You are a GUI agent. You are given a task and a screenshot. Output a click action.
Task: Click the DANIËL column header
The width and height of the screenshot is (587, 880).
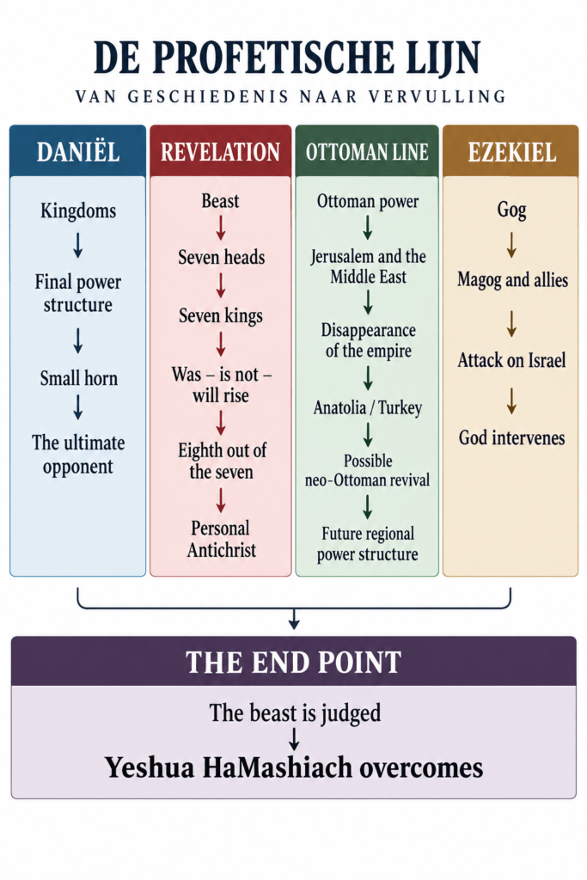coord(78,152)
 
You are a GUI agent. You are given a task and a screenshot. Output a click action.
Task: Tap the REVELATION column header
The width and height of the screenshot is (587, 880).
coord(221,152)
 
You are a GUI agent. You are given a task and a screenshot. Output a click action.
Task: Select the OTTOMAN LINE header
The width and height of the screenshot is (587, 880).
coord(367,152)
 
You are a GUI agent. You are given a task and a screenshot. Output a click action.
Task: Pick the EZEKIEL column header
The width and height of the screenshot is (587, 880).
coord(511,152)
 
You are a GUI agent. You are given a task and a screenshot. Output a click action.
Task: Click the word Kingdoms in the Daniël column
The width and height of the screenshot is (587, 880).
coord(78,211)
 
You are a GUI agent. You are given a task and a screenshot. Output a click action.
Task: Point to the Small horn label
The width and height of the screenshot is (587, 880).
coord(78,378)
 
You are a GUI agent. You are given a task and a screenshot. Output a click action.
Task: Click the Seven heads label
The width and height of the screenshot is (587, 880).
coord(221,257)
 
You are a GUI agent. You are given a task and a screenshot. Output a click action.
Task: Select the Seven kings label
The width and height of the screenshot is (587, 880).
coord(221,316)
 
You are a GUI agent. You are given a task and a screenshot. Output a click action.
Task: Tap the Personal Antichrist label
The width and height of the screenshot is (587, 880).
coord(221,539)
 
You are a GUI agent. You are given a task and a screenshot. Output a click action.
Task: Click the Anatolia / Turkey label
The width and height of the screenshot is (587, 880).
coord(368,408)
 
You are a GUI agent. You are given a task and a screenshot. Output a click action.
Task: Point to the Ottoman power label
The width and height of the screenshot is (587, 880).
coord(368,201)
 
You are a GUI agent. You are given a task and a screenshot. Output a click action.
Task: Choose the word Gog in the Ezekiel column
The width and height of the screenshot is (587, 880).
coord(511,210)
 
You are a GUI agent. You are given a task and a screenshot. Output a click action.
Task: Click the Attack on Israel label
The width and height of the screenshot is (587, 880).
coord(511,360)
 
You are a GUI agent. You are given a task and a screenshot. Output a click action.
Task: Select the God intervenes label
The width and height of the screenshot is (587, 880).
coord(511,437)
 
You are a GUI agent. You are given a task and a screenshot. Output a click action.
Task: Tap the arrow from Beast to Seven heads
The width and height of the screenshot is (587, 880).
coord(221,228)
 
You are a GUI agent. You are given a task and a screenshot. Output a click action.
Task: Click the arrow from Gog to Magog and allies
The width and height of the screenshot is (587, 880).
coord(511,245)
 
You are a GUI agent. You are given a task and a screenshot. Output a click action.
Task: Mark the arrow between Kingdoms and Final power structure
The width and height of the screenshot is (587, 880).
coord(78,245)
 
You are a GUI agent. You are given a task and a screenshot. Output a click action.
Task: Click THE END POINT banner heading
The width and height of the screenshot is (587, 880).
coord(294,663)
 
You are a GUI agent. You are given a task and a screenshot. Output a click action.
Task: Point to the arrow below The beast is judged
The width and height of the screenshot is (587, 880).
coord(294,739)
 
